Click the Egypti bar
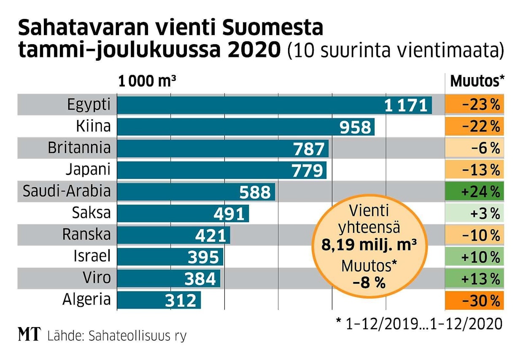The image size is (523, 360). pyautogui.click(x=274, y=105)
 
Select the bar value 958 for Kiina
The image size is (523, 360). pyautogui.click(x=357, y=127)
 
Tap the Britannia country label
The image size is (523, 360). pyautogui.click(x=79, y=148)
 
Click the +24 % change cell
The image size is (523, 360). pyautogui.click(x=474, y=192)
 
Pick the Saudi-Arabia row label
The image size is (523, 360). pyautogui.click(x=67, y=192)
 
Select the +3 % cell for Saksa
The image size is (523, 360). pyautogui.click(x=474, y=214)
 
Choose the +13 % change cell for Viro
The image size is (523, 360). pyautogui.click(x=474, y=279)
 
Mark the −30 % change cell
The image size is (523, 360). pyautogui.click(x=474, y=301)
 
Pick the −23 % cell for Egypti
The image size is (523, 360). pyautogui.click(x=474, y=105)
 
